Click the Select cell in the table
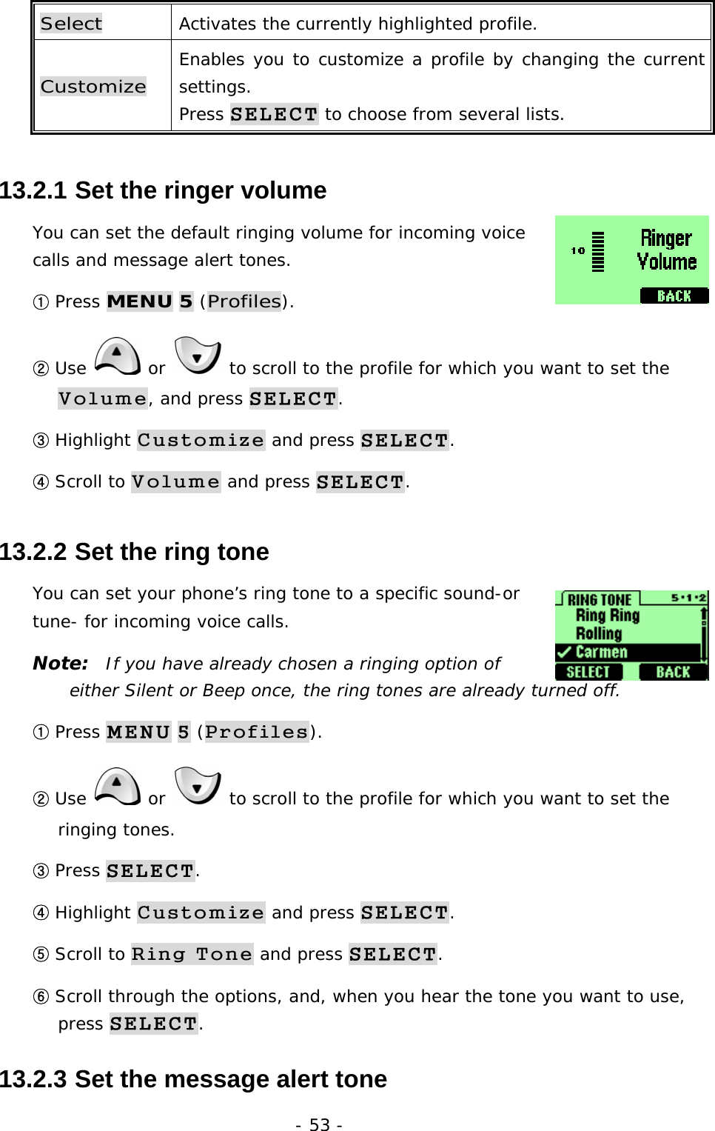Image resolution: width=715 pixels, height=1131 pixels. click(72, 24)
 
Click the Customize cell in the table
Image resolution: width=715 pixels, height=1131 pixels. click(93, 87)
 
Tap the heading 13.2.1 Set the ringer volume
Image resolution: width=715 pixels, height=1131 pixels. click(163, 190)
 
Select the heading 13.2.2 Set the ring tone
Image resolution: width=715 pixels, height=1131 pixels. click(134, 552)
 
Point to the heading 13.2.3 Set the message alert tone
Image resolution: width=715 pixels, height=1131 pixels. click(193, 1079)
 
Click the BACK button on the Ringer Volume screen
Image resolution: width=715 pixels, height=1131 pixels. click(674, 296)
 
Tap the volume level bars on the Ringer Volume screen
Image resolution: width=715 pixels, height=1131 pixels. click(598, 252)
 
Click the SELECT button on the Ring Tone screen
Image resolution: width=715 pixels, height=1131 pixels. click(588, 672)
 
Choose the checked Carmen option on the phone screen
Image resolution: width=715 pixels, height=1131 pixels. click(601, 653)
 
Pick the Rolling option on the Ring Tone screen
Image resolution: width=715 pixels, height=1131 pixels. click(599, 634)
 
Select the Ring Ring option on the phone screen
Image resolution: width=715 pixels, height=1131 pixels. click(607, 615)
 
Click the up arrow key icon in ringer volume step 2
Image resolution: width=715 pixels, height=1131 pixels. click(118, 356)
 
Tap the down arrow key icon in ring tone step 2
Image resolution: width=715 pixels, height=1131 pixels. click(198, 787)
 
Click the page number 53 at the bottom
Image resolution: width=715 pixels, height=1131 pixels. click(319, 1124)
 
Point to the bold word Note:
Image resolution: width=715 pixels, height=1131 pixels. click(60, 663)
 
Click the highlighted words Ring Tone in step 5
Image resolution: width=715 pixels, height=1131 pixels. click(192, 954)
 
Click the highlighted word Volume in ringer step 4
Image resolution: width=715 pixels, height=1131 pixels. click(175, 482)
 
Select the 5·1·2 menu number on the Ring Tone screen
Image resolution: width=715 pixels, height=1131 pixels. click(688, 598)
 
